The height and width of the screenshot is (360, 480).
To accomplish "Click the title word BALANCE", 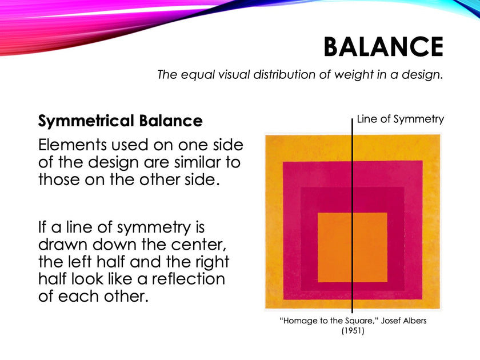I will coord(383,47).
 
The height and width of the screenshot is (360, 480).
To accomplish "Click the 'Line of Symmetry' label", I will coord(400,119).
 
